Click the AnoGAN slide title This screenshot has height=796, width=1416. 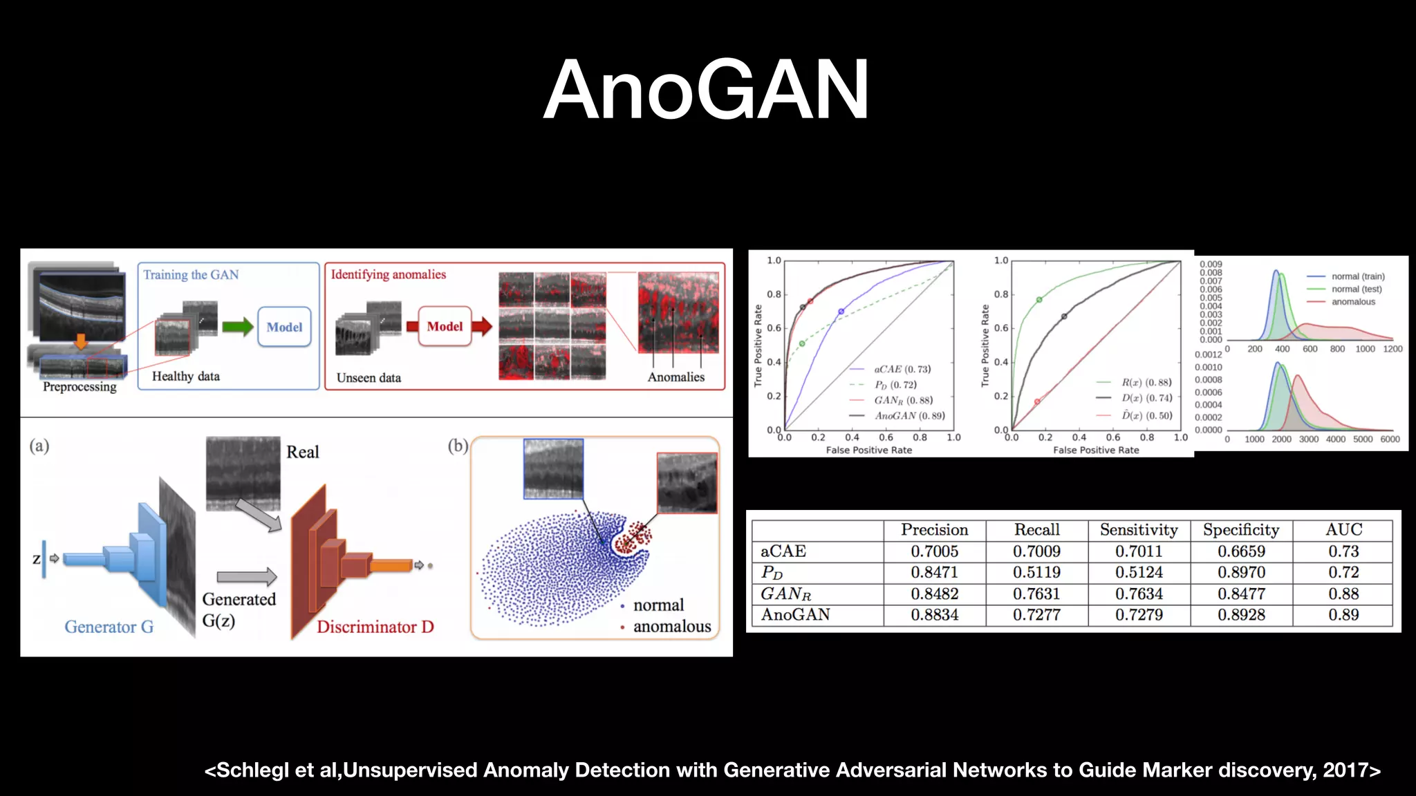(706, 90)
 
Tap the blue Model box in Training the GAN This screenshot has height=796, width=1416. (284, 327)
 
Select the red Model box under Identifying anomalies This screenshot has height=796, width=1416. (445, 326)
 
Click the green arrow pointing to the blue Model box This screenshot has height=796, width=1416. (237, 327)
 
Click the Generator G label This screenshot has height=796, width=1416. (109, 627)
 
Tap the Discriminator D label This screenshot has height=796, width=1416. (375, 627)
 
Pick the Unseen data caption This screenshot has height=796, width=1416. (369, 378)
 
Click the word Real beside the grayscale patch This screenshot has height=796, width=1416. (303, 452)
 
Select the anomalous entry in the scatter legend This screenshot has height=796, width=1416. (671, 626)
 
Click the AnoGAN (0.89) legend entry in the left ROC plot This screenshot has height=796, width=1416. (909, 416)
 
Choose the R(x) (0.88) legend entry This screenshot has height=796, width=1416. (1146, 382)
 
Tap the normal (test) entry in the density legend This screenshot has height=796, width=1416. (1356, 289)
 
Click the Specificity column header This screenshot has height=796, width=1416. (1241, 530)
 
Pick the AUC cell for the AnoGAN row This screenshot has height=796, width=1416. (1343, 615)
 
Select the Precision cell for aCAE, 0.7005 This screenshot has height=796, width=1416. (934, 551)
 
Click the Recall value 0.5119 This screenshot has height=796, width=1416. (1036, 572)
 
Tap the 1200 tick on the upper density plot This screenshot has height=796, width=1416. (1392, 349)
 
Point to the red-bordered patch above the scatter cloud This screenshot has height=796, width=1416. (687, 483)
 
